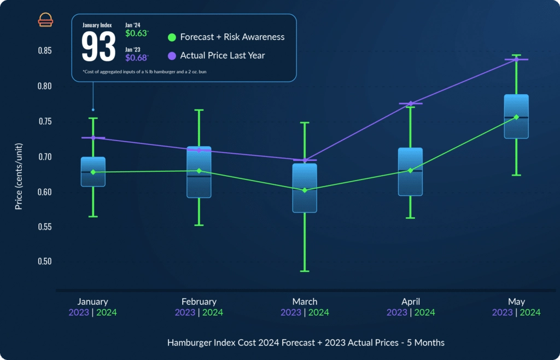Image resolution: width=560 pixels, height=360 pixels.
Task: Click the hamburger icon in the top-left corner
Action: click(45, 19)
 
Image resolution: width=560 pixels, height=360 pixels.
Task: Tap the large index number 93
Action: click(98, 47)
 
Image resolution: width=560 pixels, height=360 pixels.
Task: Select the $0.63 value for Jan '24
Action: click(136, 34)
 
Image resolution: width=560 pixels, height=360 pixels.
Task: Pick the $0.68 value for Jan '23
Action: click(136, 57)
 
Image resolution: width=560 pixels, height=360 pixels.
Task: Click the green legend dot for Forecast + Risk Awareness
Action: click(172, 37)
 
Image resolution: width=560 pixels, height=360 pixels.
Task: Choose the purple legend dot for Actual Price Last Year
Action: click(172, 55)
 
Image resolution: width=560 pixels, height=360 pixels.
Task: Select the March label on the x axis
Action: click(305, 301)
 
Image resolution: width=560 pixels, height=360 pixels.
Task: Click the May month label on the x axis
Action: click(516, 301)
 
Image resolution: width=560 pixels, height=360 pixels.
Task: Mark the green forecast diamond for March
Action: click(305, 190)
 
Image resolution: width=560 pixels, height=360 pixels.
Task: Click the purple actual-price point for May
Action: click(516, 60)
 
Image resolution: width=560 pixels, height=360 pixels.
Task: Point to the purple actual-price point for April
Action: click(411, 103)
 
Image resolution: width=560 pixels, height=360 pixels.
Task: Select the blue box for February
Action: click(199, 172)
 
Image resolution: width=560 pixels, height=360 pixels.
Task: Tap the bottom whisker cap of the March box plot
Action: click(305, 271)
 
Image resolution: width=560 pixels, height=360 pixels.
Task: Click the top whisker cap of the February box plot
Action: click(199, 110)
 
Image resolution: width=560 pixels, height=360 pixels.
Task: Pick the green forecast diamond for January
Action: click(93, 172)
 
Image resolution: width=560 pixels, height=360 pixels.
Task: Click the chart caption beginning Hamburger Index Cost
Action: click(306, 342)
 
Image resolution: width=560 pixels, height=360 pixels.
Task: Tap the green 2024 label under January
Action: click(107, 312)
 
